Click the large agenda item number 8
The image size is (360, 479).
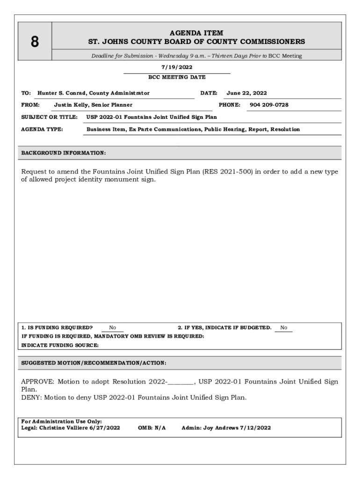[35, 42]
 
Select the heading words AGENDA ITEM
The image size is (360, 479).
[196, 33]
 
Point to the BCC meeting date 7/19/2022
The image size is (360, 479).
[177, 67]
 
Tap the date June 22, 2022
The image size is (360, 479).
[246, 93]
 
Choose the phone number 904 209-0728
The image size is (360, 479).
[269, 105]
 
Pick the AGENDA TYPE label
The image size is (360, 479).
[42, 129]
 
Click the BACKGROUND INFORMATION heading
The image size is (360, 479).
[64, 153]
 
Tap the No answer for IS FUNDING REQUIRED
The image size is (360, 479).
[113, 328]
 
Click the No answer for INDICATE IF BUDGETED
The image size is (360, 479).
[284, 328]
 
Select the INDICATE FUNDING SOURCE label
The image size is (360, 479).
[60, 345]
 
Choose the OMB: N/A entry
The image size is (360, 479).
[152, 428]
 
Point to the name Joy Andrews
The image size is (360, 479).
[220, 428]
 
